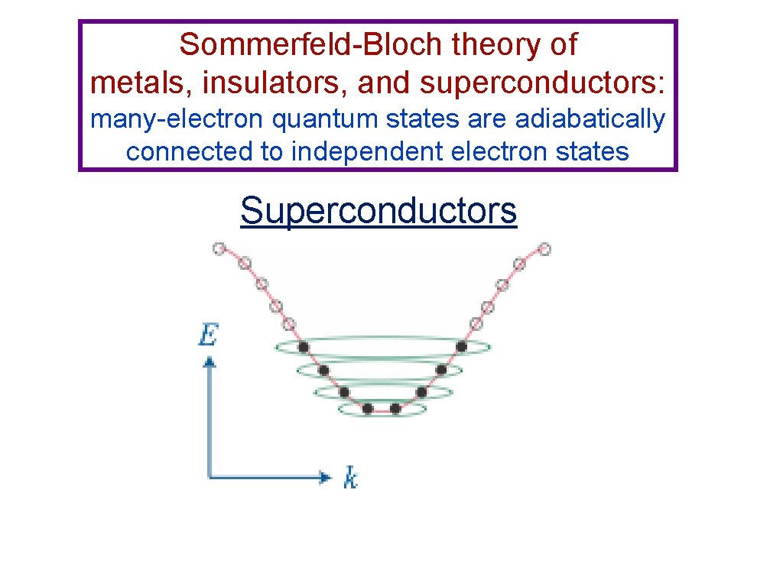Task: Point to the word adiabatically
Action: (x=590, y=119)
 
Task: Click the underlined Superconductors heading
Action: (x=379, y=210)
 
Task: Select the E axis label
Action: (x=208, y=335)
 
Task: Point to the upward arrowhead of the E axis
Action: (x=209, y=361)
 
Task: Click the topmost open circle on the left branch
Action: (x=219, y=248)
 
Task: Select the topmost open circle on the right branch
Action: (x=544, y=248)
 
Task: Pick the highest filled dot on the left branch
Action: (x=304, y=347)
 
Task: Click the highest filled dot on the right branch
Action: (x=461, y=346)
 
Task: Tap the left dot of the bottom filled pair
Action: (x=368, y=408)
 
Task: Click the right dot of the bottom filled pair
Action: (x=395, y=408)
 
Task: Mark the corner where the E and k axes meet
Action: (x=210, y=478)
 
